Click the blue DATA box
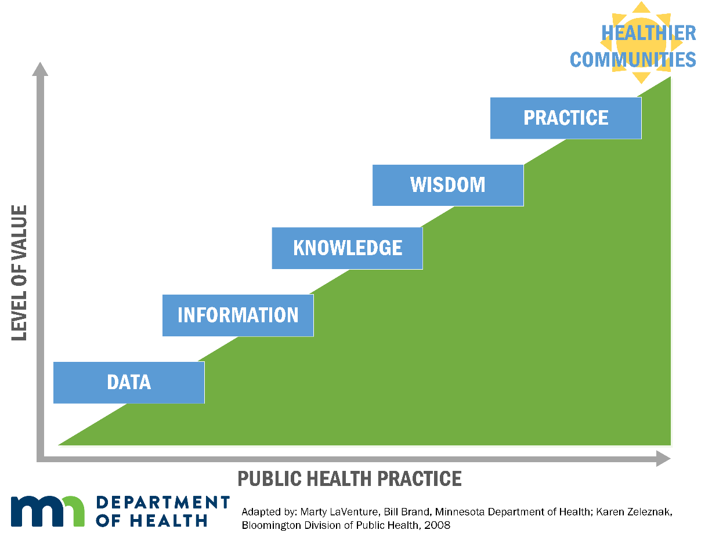coord(129,382)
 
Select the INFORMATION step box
coord(238,315)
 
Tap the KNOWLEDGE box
coord(347,248)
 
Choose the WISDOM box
coord(447,185)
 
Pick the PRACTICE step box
coord(565,118)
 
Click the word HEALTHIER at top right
coord(648,32)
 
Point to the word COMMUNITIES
coord(633,60)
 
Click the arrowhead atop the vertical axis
coord(40,69)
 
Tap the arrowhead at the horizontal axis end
coord(663,458)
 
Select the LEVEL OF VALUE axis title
coord(19,273)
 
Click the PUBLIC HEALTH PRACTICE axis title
coord(349,478)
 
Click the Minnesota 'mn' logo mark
coord(48,511)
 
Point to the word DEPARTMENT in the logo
coord(163,502)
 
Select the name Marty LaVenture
coord(339,511)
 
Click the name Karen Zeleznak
coord(634,511)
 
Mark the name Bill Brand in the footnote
coord(407,511)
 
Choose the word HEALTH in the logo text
coord(168,520)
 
